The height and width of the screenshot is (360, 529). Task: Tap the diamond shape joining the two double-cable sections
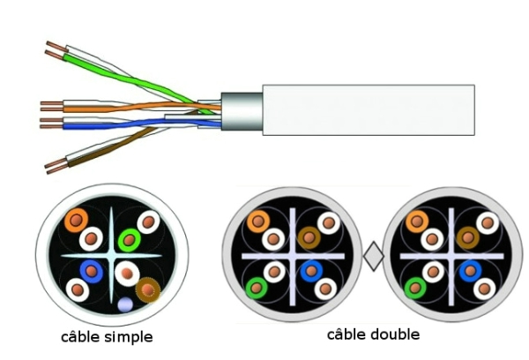[374, 257]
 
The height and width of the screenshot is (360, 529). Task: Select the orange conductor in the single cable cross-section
[76, 220]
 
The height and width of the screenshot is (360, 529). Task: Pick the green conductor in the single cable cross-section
[130, 237]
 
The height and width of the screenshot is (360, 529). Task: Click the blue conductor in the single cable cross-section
[91, 271]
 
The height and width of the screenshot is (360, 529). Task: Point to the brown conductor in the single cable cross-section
[147, 288]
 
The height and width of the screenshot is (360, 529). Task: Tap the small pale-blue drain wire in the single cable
[125, 304]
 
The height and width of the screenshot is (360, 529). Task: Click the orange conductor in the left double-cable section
[258, 221]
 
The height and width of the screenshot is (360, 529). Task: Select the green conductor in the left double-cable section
[257, 287]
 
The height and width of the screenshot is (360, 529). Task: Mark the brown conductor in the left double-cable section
[309, 236]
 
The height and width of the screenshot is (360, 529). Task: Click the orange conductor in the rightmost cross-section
[416, 221]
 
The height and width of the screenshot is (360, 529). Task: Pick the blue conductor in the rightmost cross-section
[468, 271]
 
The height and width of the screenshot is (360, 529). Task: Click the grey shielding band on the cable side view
[240, 111]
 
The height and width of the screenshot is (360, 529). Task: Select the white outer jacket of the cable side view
[369, 109]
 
